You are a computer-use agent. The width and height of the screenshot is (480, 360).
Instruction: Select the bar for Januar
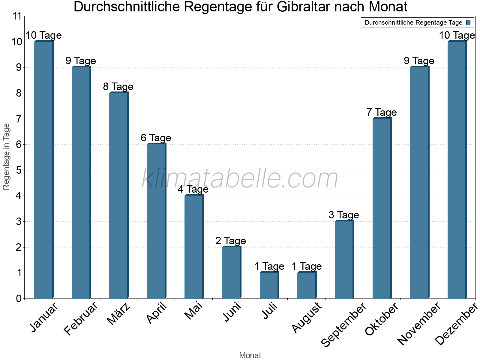coord(43,170)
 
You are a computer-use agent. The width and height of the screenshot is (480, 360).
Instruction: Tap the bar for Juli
coord(269,285)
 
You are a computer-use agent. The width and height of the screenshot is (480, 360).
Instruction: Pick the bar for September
coord(344,259)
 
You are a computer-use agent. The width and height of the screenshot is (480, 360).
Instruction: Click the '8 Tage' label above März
coord(118,87)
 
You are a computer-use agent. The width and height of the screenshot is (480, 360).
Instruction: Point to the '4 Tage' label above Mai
coord(193,189)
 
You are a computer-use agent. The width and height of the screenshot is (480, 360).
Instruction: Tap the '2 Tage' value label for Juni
coord(231,241)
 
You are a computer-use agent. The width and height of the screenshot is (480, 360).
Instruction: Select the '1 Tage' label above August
coord(307,266)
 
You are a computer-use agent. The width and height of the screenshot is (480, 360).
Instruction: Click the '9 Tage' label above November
coord(419,61)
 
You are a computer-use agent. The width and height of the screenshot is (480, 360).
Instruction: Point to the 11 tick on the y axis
coord(17,16)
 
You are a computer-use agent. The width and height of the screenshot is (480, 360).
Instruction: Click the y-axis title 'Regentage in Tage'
coord(7,157)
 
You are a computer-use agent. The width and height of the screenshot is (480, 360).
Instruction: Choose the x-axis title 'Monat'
coord(250,355)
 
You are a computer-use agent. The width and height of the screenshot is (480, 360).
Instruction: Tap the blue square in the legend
coord(468,22)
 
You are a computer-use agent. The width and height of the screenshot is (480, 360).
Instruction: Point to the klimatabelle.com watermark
coord(240,179)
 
